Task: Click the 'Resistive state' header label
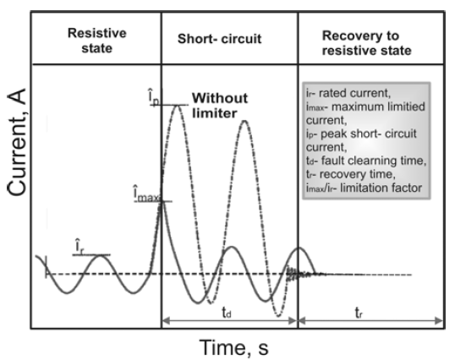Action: (x=97, y=41)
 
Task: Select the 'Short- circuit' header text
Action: (x=219, y=39)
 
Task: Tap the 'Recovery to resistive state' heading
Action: (x=366, y=43)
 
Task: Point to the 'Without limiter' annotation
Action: (x=220, y=106)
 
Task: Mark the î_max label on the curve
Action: (x=146, y=194)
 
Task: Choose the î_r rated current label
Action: (x=79, y=247)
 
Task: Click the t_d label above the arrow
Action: (x=227, y=313)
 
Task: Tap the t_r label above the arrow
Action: (x=359, y=313)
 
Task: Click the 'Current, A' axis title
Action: (x=17, y=142)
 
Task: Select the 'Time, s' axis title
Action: (x=234, y=347)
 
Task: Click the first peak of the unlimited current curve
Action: (x=178, y=106)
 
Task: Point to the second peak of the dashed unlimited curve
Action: (x=244, y=121)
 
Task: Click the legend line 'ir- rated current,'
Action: (x=348, y=93)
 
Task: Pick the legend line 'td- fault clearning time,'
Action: (x=366, y=161)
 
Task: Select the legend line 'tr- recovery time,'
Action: (x=350, y=174)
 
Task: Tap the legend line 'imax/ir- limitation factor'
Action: (x=364, y=188)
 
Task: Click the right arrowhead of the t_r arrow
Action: (x=441, y=320)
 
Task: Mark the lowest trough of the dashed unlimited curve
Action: (x=278, y=316)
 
